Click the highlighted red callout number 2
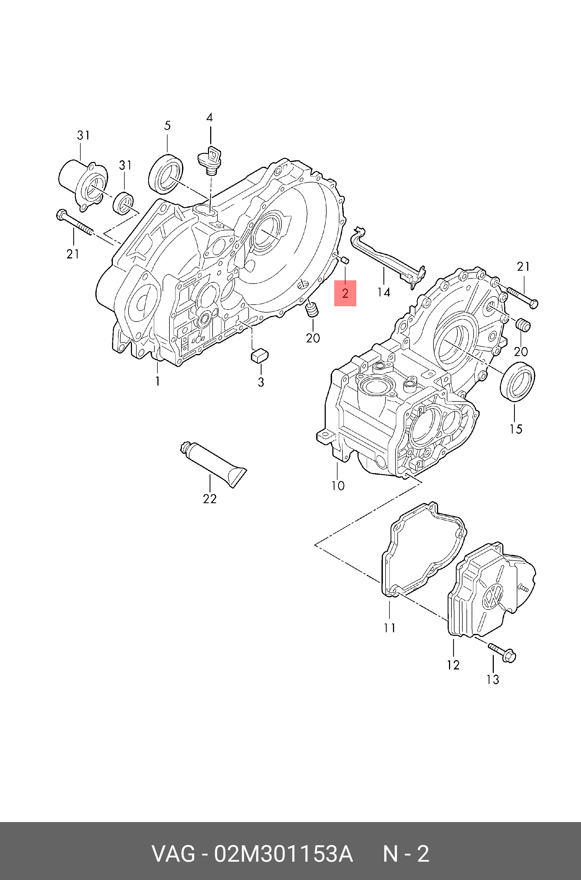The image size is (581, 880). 345,293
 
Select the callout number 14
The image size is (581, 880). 384,293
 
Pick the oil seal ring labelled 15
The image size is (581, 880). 517,382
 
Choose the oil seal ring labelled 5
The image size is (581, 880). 166,173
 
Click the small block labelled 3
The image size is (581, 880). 260,355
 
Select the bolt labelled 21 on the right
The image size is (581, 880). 522,296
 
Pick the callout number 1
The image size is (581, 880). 157,381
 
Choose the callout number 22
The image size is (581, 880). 210,499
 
